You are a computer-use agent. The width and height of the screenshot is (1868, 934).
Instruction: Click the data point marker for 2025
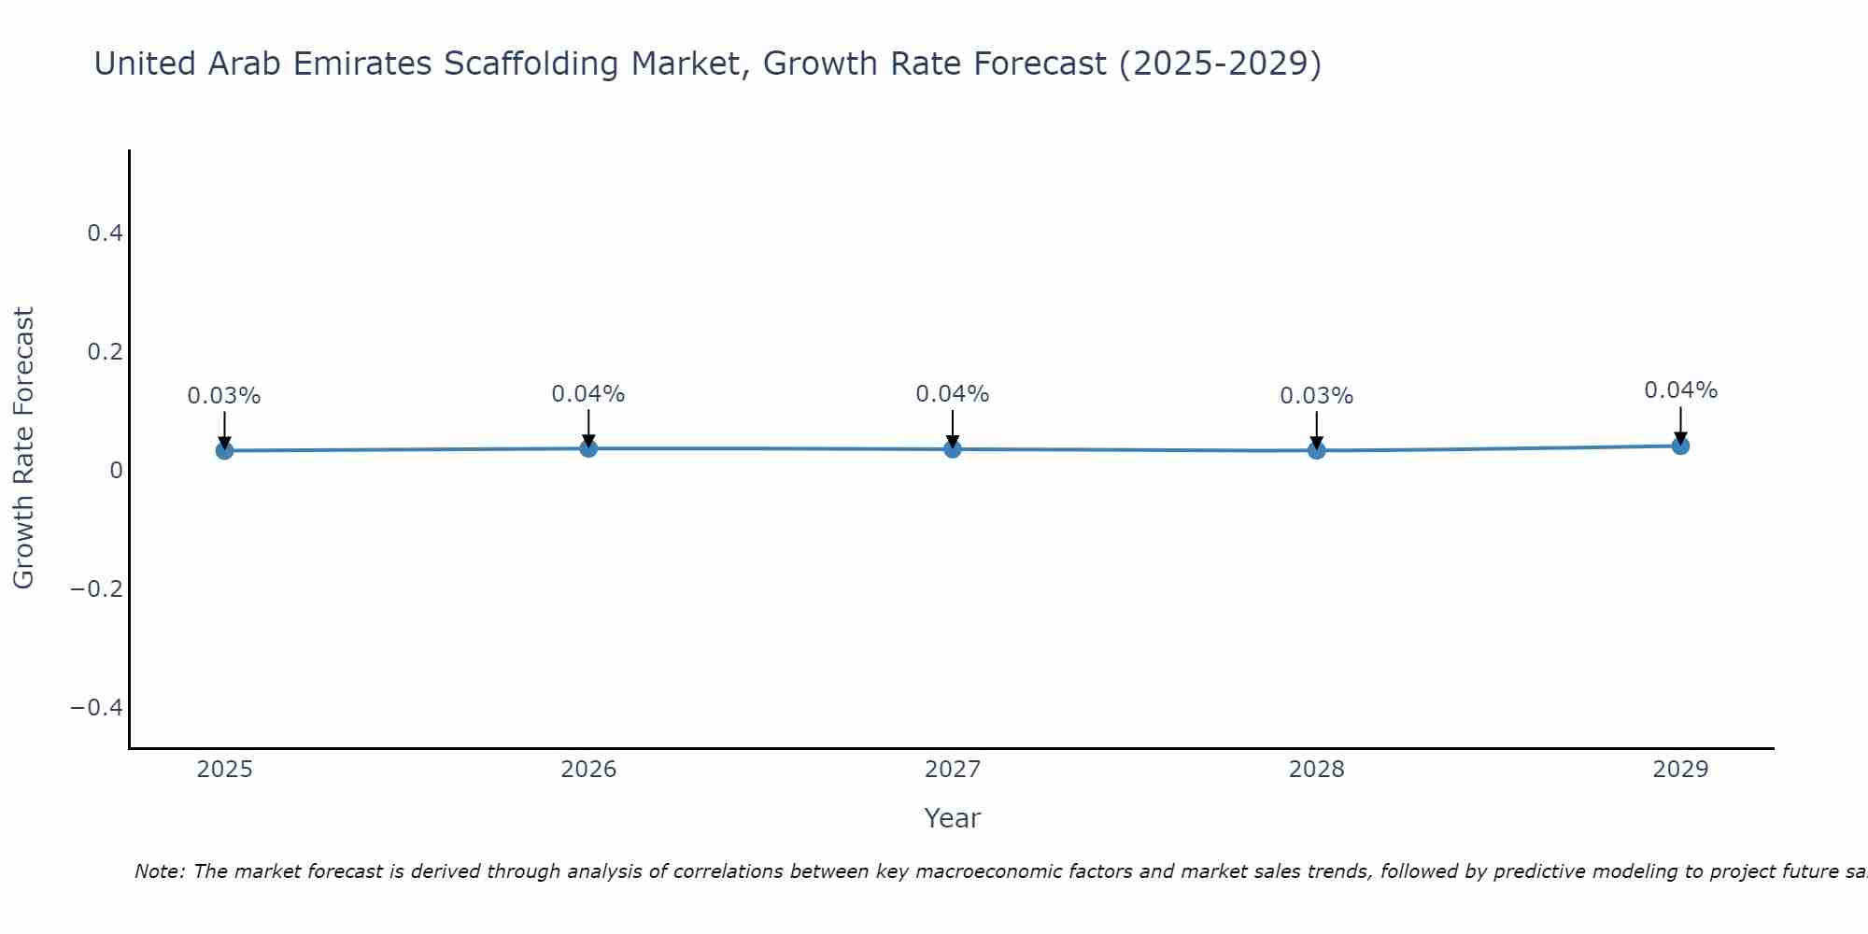point(224,450)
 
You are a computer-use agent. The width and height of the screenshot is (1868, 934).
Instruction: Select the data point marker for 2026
point(588,448)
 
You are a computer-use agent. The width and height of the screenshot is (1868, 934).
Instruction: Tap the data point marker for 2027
point(953,449)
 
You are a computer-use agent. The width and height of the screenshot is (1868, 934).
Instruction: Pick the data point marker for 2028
point(1317,450)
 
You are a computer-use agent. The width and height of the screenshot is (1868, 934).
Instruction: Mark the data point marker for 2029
point(1680,446)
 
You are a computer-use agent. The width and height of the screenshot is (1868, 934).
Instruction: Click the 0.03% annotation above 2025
point(224,396)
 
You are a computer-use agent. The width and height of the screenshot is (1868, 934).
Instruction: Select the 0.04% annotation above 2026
point(588,394)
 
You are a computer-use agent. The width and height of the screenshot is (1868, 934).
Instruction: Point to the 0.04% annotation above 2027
point(953,394)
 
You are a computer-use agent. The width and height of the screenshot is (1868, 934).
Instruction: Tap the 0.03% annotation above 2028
point(1317,396)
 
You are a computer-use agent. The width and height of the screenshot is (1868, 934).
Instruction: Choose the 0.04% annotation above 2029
point(1680,390)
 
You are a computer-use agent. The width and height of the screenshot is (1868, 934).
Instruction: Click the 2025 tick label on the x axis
point(224,770)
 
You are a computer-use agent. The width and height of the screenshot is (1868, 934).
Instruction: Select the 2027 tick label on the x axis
point(953,770)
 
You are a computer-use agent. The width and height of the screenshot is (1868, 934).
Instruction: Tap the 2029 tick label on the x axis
point(1680,770)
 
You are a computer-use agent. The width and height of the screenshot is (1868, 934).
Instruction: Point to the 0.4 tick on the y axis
point(106,233)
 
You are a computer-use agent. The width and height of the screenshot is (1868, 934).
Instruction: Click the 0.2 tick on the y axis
point(106,352)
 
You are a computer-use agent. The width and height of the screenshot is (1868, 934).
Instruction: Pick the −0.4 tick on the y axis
point(97,708)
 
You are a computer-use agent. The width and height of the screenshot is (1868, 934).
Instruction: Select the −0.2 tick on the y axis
point(97,589)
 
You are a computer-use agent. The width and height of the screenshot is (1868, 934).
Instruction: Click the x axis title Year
point(952,819)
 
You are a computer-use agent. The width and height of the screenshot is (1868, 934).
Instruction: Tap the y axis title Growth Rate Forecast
point(23,448)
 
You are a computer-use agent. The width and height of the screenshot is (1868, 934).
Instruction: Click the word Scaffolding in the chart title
point(532,64)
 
